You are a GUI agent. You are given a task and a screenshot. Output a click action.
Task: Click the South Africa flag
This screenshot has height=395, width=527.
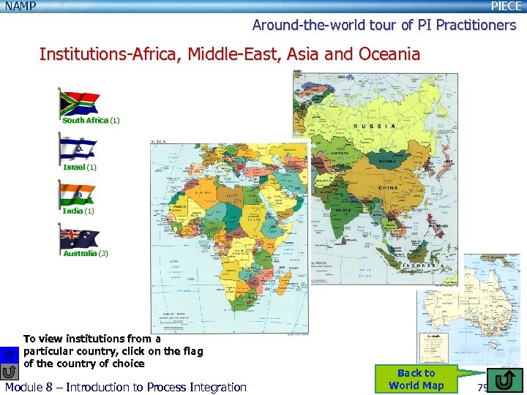79,102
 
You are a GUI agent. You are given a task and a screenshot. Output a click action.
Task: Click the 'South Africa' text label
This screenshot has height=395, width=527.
85,120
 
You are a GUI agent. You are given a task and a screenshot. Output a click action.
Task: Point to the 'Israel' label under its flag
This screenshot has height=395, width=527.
74,167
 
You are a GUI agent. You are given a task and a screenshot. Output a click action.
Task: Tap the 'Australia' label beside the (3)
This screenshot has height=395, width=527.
79,253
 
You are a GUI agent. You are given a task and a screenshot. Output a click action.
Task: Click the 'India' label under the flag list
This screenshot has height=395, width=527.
72,211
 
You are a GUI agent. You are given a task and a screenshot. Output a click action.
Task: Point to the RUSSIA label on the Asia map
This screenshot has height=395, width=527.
375,126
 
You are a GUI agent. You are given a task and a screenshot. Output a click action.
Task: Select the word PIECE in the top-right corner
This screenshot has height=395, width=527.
506,7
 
